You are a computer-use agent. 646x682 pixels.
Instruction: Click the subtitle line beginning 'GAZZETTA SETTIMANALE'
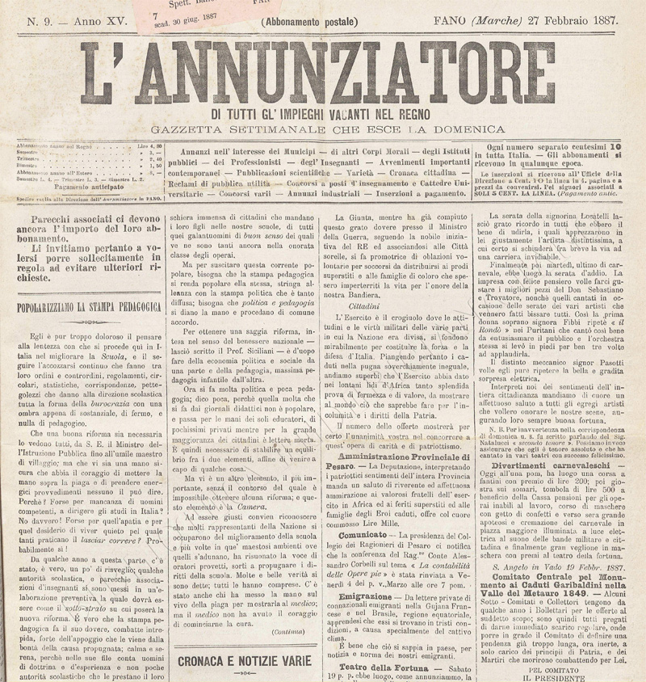click(321, 130)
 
